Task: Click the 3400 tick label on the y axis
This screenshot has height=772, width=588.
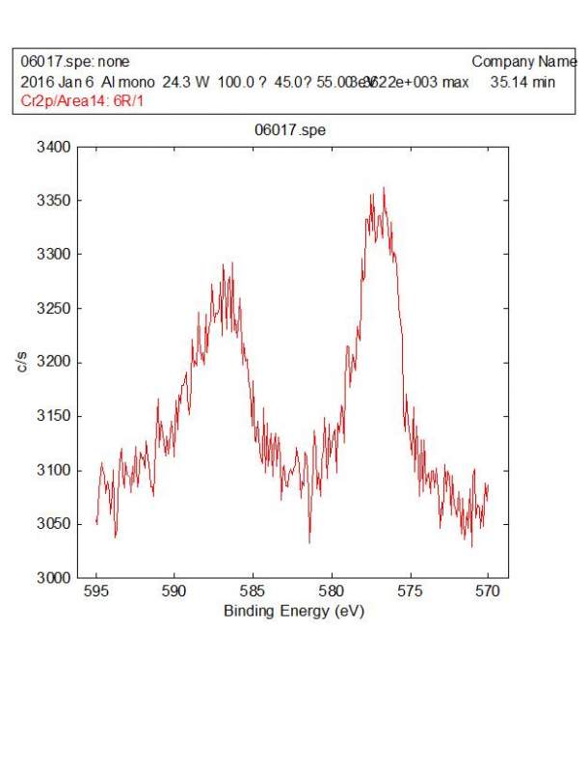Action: pos(56,147)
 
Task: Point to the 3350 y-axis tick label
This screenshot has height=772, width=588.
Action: pos(56,201)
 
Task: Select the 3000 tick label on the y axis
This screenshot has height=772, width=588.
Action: pos(56,578)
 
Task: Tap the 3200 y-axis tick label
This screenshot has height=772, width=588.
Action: pos(56,362)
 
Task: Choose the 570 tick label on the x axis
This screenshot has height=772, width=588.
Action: pos(488,593)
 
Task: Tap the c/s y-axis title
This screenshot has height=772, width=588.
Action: pos(21,362)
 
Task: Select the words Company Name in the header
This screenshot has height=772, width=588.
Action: pos(524,61)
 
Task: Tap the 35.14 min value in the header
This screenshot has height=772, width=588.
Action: pos(522,82)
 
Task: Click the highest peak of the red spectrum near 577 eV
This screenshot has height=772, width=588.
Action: pos(384,188)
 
